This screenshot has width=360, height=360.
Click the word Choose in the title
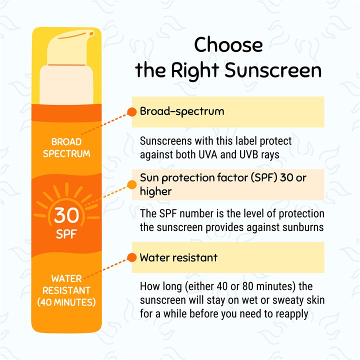click(x=228, y=45)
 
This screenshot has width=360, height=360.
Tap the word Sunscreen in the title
click(x=273, y=70)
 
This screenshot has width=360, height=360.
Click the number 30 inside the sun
click(x=66, y=215)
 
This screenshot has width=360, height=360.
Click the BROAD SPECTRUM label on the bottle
click(x=66, y=148)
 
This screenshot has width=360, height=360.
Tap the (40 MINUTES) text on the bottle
click(x=66, y=302)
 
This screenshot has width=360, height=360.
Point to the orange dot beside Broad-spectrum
click(x=132, y=111)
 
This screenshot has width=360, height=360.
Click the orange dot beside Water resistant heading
click(x=132, y=258)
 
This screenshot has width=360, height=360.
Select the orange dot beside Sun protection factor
click(x=132, y=184)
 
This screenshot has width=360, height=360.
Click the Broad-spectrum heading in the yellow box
click(x=181, y=111)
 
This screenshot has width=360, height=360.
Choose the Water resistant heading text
click(x=178, y=258)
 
